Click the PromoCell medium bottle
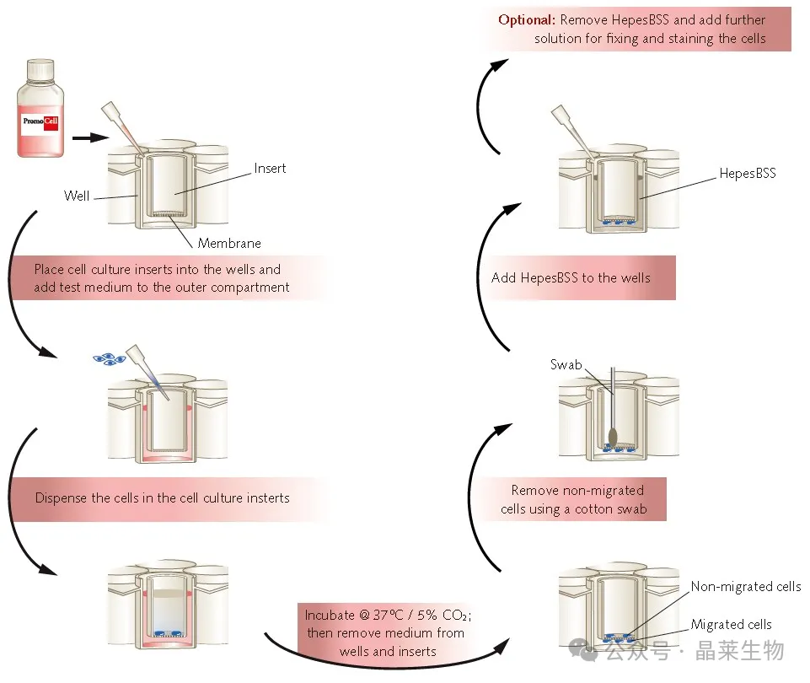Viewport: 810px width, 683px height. tap(40, 108)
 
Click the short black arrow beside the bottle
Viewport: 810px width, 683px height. tap(90, 137)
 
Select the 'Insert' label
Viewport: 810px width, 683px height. tap(270, 169)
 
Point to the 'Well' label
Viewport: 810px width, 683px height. tap(77, 196)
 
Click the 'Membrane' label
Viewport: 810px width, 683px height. tap(229, 243)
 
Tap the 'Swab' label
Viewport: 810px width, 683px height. tap(566, 365)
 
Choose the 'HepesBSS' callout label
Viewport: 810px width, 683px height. tap(748, 173)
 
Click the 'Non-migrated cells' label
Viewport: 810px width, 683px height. tap(745, 586)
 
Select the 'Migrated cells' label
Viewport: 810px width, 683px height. tap(731, 624)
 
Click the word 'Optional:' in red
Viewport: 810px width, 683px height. tap(527, 19)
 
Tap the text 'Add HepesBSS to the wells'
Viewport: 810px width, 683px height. tap(571, 278)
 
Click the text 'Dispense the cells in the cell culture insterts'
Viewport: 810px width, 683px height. tap(162, 498)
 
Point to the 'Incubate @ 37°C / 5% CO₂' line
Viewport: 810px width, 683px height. tap(388, 615)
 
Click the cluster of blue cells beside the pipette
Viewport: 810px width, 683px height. tap(109, 358)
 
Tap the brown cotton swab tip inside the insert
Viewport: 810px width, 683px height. tap(613, 437)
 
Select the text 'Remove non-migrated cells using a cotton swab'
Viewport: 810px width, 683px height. tap(573, 499)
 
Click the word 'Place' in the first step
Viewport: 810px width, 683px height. tap(49, 270)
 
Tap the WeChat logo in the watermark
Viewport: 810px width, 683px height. tap(582, 649)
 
